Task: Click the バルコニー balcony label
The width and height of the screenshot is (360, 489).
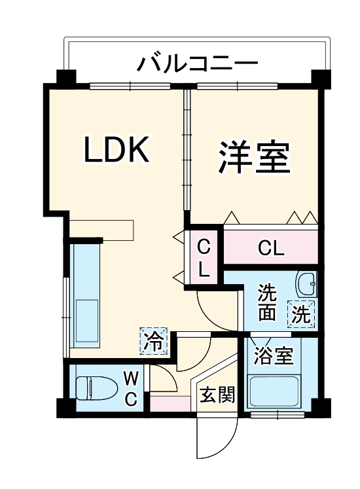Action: [198, 65]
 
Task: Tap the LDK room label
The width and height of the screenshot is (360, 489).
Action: [117, 151]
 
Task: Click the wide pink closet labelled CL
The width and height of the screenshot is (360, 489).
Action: [271, 248]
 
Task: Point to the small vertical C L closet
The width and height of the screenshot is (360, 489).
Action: [204, 258]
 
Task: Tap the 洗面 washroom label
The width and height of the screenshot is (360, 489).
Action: [266, 302]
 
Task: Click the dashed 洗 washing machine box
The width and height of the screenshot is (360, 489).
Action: [301, 315]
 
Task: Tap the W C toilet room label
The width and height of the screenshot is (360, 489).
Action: [131, 388]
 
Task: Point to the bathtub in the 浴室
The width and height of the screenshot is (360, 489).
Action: [274, 392]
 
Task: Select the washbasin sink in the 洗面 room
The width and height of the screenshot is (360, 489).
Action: [306, 285]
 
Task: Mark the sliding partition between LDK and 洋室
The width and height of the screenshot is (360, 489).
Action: [187, 154]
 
